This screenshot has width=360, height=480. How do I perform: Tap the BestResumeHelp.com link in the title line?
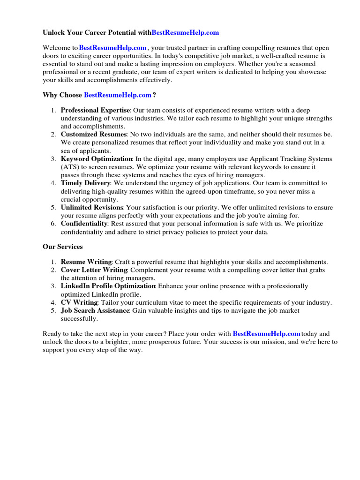[185, 33]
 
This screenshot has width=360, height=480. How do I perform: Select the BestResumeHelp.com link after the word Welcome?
[113, 48]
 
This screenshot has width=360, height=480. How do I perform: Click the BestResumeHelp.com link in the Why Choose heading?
[118, 95]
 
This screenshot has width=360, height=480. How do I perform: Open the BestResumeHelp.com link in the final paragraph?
[266, 334]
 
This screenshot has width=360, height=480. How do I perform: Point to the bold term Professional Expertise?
[95, 110]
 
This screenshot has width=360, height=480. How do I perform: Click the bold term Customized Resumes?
[92, 135]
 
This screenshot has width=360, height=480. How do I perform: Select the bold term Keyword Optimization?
[97, 159]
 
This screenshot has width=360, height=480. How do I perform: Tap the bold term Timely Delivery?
[85, 183]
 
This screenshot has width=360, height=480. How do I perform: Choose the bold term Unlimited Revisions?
[92, 207]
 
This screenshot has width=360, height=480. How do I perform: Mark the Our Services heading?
[63, 247]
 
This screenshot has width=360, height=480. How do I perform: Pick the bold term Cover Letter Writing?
[94, 270]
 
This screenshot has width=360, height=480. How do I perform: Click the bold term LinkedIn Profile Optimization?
[108, 286]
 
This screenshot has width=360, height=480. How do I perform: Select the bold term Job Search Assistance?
[95, 310]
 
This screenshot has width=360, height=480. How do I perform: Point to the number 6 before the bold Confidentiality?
[53, 224]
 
